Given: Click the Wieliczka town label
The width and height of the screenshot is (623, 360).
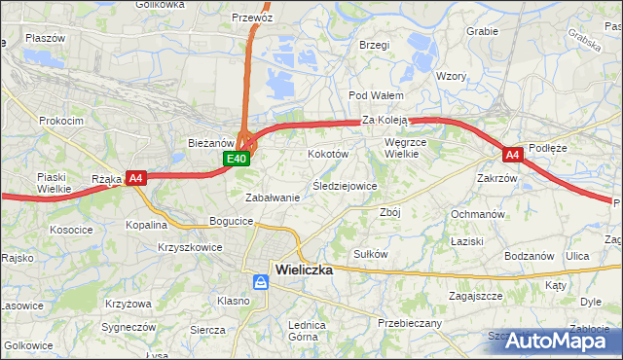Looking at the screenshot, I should pyautogui.click(x=304, y=270).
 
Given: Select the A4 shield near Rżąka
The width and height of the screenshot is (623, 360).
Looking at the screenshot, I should pyautogui.click(x=135, y=178).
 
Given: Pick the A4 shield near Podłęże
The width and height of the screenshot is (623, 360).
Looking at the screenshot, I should pyautogui.click(x=512, y=155).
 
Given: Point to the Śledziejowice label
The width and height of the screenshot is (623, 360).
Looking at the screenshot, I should pyautogui.click(x=344, y=185).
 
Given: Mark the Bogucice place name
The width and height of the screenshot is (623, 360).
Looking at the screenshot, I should pyautogui.click(x=231, y=222).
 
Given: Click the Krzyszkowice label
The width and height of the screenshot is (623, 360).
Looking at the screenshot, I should pyautogui.click(x=190, y=247).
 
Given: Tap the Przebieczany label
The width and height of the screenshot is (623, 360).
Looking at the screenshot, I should pyautogui.click(x=409, y=323).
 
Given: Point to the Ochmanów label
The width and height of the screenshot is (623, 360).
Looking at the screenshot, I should pyautogui.click(x=478, y=213).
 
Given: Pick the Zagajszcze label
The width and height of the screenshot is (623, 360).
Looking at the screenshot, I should pyautogui.click(x=475, y=295).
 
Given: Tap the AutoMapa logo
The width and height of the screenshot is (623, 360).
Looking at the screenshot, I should pyautogui.click(x=560, y=341).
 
